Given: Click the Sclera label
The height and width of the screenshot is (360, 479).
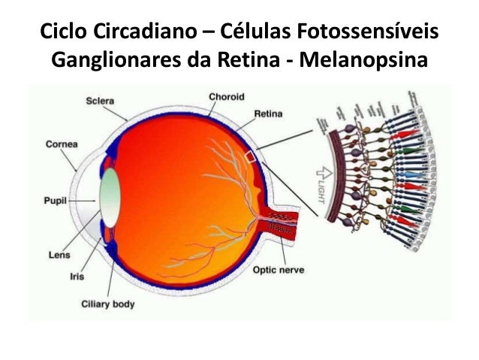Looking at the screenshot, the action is coord(101,100).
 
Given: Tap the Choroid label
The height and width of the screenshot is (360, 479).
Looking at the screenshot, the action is coord(227,96).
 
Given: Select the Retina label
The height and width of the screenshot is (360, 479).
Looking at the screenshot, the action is coord(268,113).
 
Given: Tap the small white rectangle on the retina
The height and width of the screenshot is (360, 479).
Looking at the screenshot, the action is coord(251,156).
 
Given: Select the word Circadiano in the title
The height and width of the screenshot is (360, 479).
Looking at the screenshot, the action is coord(132,32).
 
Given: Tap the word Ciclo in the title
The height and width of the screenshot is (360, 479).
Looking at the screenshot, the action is coord(59,32).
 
